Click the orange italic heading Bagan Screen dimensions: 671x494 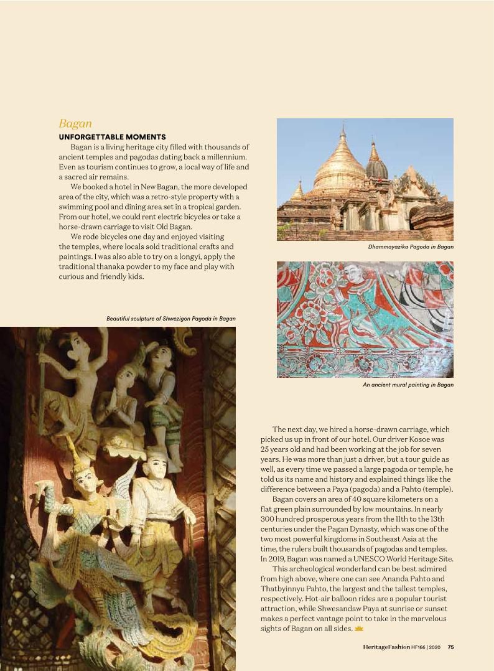(x=75, y=124)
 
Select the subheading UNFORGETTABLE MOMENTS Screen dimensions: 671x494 (x=112, y=137)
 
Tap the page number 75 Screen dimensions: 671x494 (x=450, y=647)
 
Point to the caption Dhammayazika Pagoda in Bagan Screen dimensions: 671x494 (x=411, y=247)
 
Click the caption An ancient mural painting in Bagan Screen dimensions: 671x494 (x=408, y=385)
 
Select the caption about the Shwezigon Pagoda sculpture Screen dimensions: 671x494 (x=170, y=319)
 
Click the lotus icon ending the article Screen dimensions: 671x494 (x=358, y=629)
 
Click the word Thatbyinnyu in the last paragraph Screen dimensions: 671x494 (x=284, y=589)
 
